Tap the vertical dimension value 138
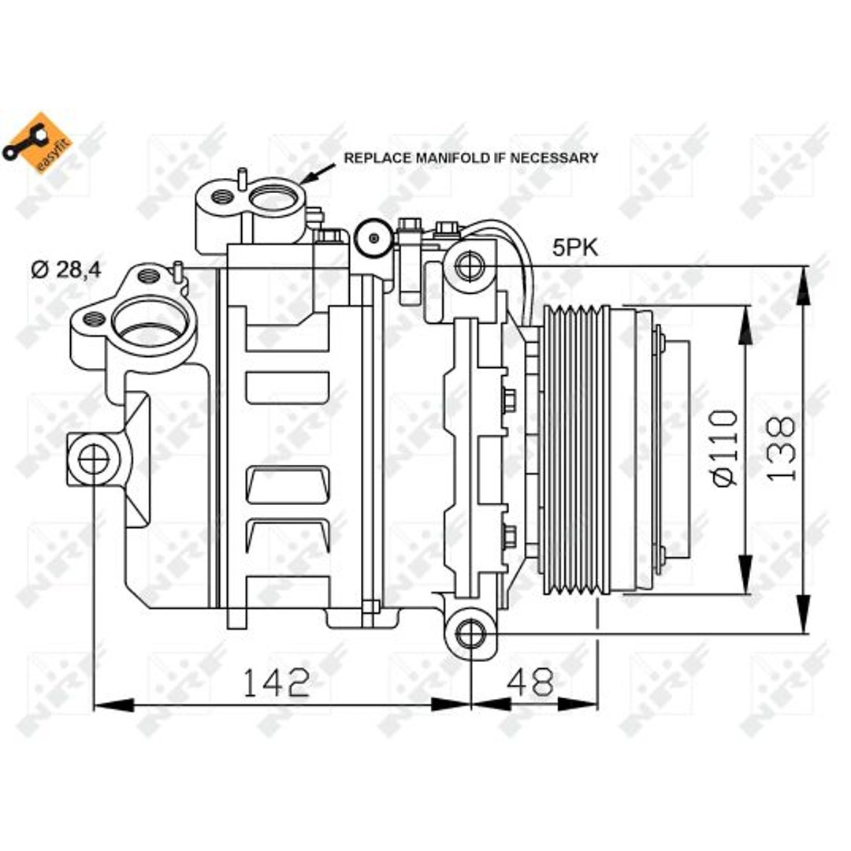pos(781,448)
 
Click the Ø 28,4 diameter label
pos(66,269)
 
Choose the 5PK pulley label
pos(575,248)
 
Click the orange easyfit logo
pos(37,143)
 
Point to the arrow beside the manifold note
pos(318,173)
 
